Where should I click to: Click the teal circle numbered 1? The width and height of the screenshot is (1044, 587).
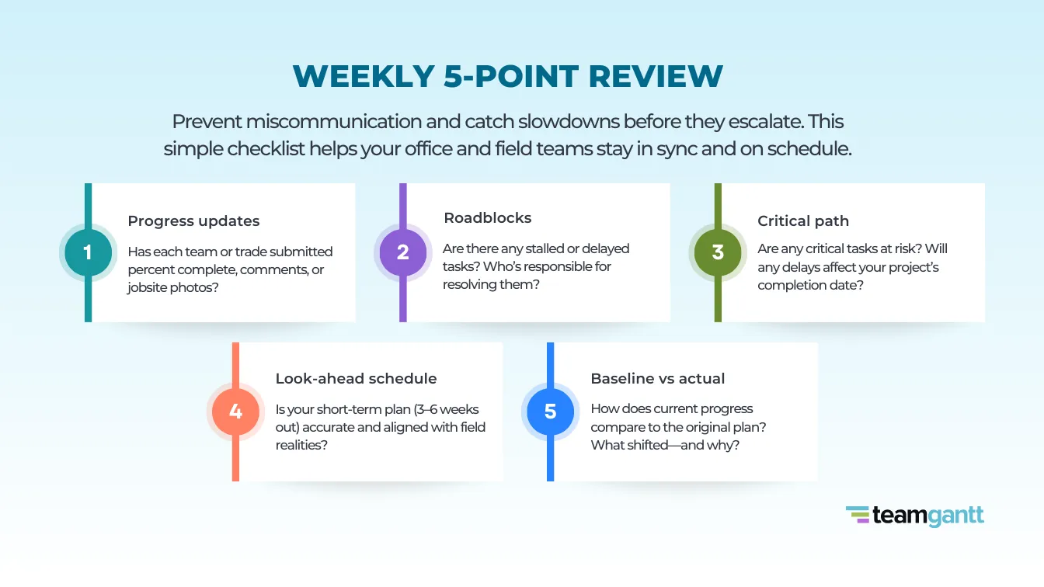click(x=88, y=252)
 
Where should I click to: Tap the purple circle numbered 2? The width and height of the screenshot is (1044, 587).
click(x=402, y=252)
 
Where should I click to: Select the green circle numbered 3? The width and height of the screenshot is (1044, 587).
click(x=718, y=252)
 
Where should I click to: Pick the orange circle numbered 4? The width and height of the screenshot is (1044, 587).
click(x=235, y=412)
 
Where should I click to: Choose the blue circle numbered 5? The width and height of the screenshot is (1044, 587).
click(x=550, y=412)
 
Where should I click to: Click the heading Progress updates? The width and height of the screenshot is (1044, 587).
click(x=193, y=221)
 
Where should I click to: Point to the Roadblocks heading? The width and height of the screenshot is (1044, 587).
click(x=487, y=218)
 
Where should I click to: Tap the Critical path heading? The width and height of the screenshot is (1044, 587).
click(x=803, y=221)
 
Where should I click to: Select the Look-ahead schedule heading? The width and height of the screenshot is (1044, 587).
click(x=356, y=379)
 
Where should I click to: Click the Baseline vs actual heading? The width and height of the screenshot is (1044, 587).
click(x=657, y=379)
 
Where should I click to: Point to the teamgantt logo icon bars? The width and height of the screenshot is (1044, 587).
click(x=857, y=516)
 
